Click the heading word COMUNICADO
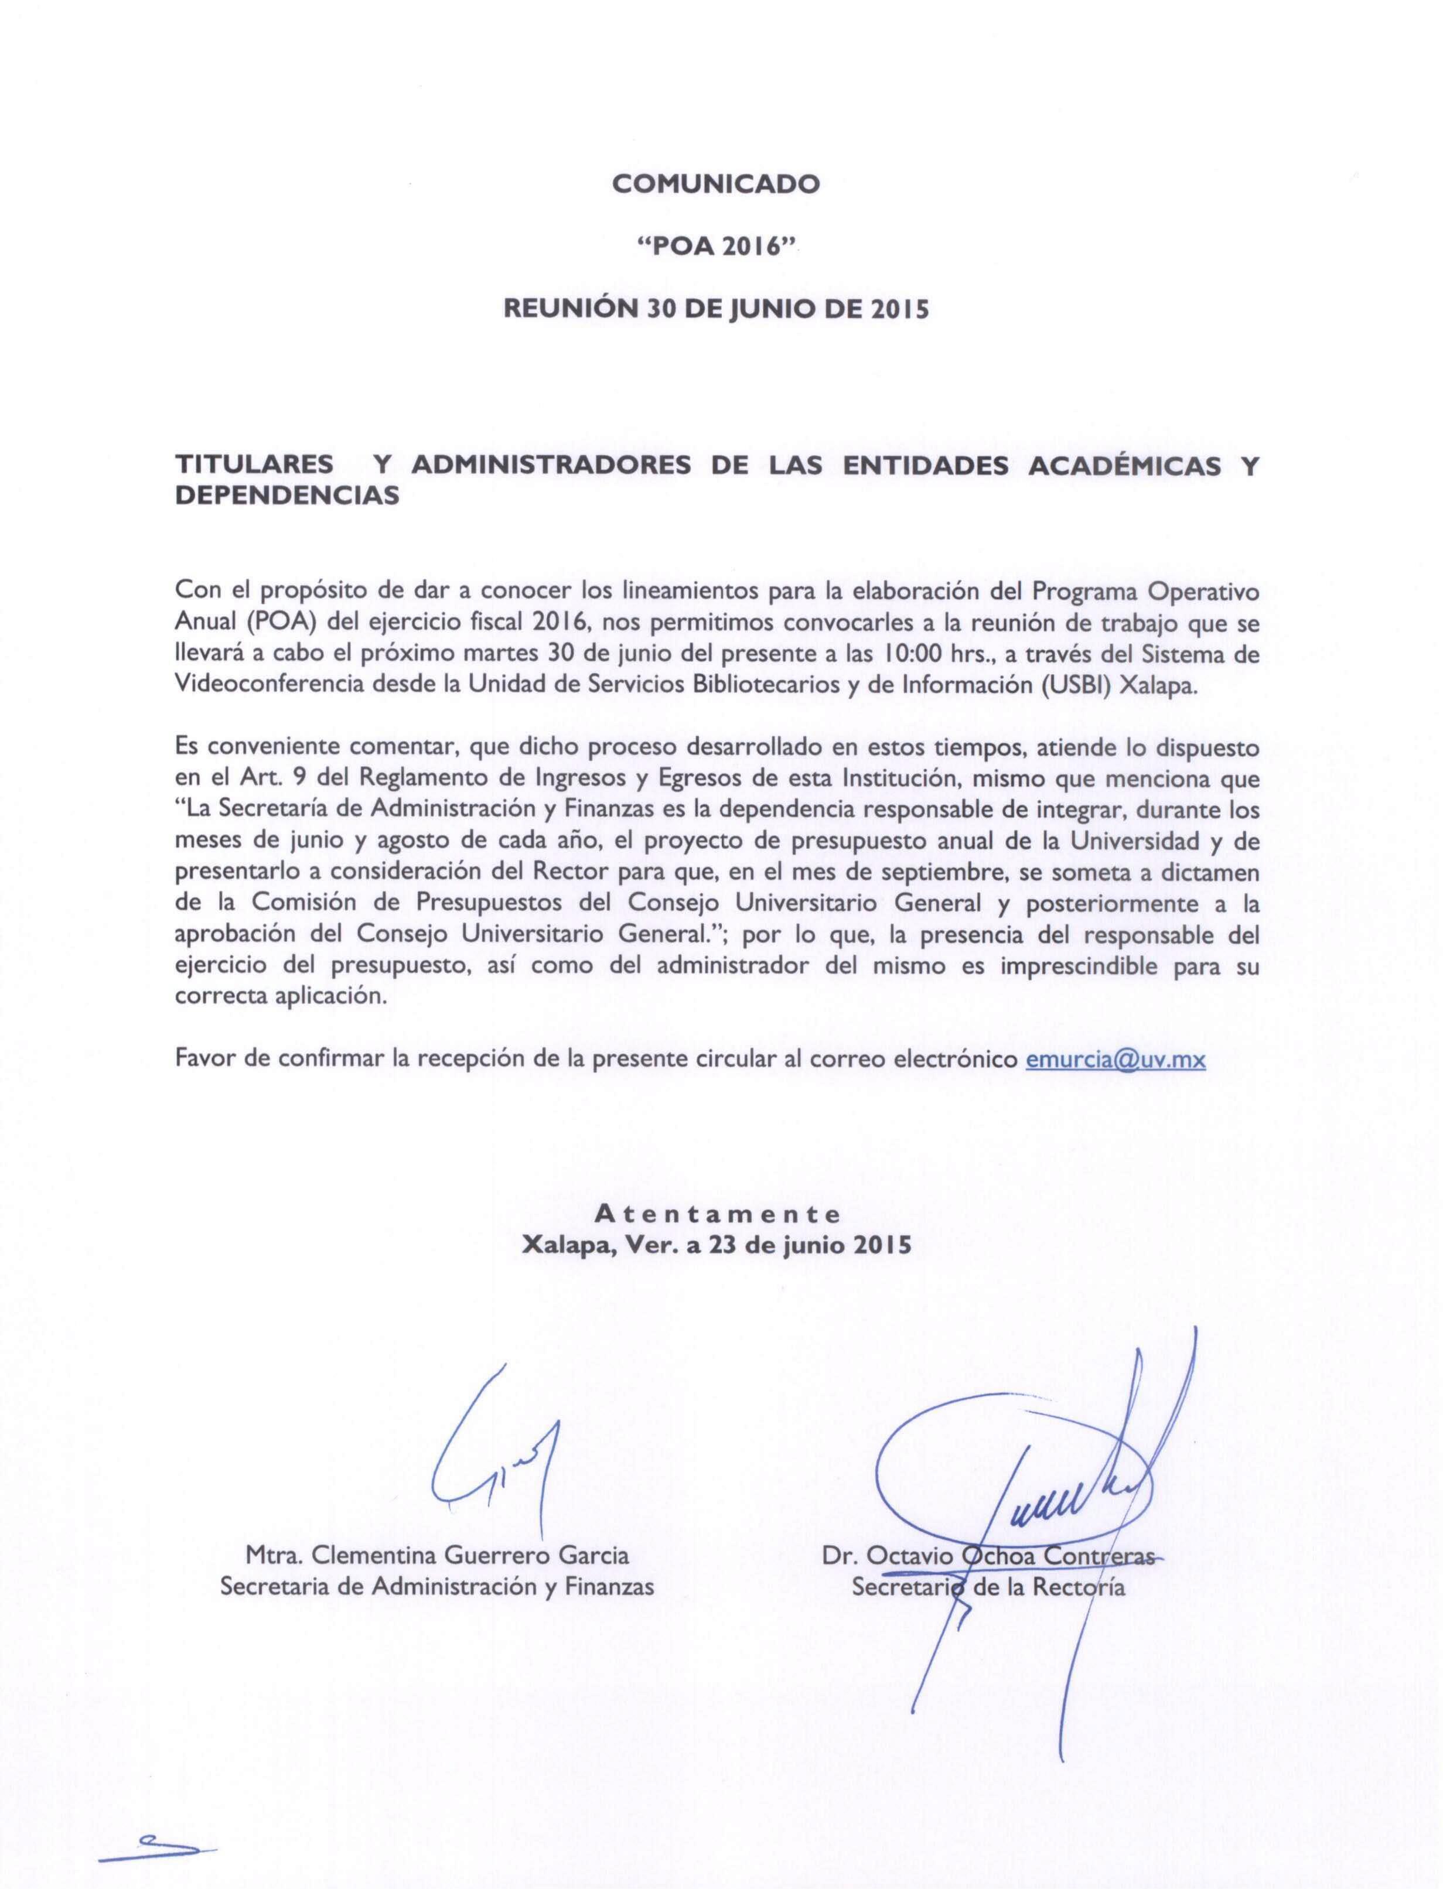(x=715, y=184)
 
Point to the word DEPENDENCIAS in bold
(x=288, y=496)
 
